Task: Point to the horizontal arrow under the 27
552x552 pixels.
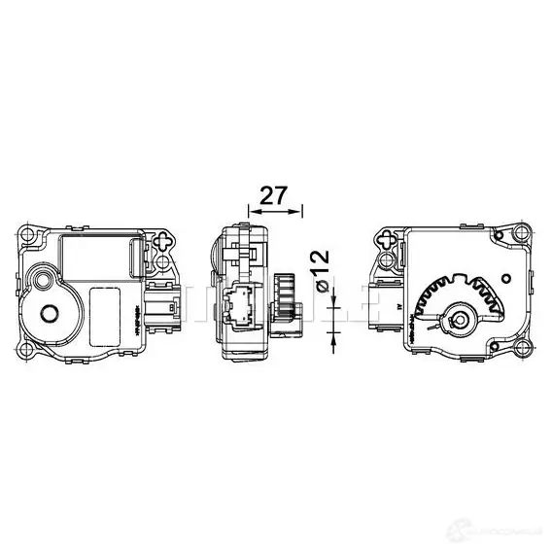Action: pyautogui.click(x=276, y=208)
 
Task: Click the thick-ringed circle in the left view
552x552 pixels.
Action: pyautogui.click(x=48, y=313)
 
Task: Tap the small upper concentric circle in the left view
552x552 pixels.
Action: pyautogui.click(x=41, y=280)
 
